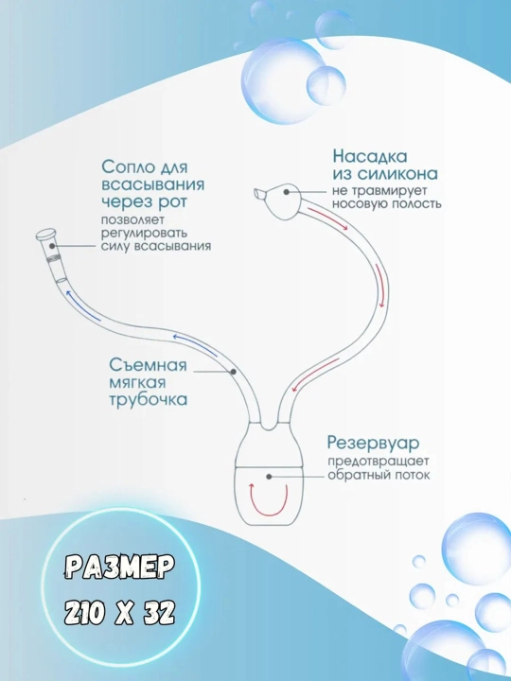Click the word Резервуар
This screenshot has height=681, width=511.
pos(373,444)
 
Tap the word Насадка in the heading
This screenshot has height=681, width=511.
pos(370,156)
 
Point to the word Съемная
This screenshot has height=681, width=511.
pos(148,365)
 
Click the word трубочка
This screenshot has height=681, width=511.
pos(149,399)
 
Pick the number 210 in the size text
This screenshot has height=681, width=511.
pos(85,614)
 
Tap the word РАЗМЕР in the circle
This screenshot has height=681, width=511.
pos(120,567)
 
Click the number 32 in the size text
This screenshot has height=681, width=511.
pos(160,614)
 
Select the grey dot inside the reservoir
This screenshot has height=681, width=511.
pos(269,477)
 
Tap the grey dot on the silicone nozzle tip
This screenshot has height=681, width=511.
pos(286,191)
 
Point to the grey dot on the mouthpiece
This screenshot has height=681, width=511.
pos(52,246)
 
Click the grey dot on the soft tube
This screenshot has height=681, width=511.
pos(233,372)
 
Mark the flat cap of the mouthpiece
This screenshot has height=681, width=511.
pos(46,235)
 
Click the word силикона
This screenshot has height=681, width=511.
pos(397,174)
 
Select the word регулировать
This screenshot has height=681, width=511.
pos(144,233)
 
